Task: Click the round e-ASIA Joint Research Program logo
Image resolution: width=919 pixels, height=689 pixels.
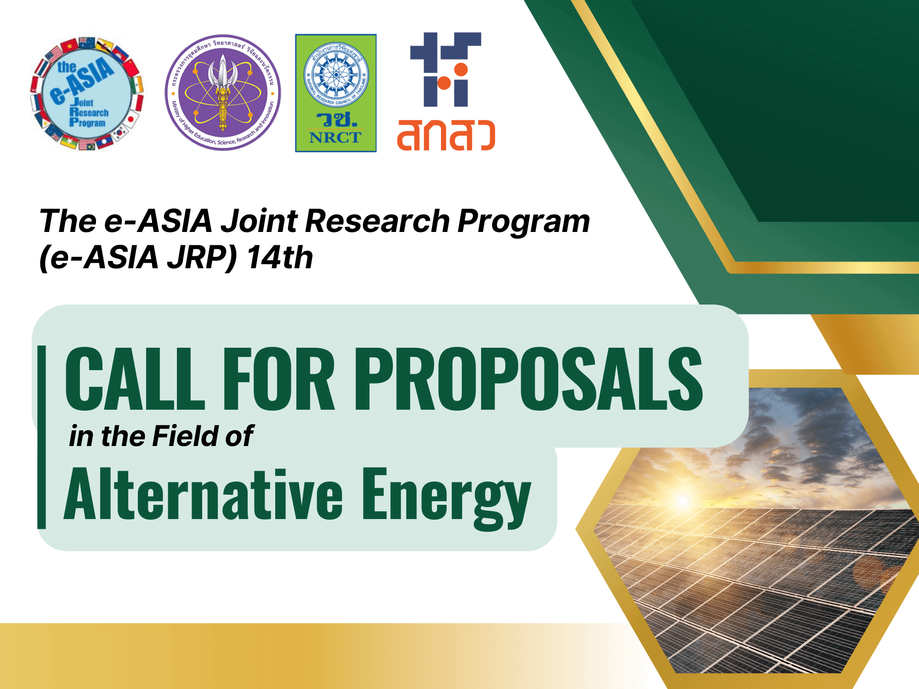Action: [87, 94]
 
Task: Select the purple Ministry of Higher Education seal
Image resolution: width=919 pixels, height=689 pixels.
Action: [223, 92]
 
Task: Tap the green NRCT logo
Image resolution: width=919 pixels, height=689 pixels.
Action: [335, 93]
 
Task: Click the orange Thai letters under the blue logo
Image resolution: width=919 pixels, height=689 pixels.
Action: [446, 135]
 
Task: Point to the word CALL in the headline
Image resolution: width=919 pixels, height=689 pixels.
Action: [135, 378]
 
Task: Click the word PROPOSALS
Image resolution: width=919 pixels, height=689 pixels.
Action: [528, 378]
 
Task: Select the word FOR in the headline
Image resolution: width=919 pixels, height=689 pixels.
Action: [278, 378]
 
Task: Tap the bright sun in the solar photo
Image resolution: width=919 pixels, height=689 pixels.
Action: [683, 500]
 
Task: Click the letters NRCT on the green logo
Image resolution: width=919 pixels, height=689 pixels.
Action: [335, 137]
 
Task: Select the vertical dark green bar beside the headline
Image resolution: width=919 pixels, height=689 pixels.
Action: [42, 436]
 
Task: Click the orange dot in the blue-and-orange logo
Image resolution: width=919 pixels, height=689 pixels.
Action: [460, 70]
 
